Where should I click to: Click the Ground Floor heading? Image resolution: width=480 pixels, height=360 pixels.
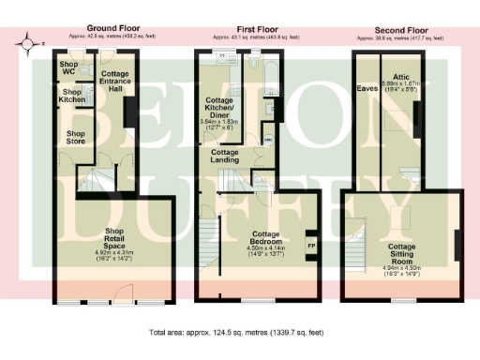click(113, 29)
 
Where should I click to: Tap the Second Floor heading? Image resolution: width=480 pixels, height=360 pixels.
click(399, 29)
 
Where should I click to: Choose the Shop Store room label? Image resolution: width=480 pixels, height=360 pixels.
click(75, 137)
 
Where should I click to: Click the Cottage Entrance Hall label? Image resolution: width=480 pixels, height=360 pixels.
click(113, 81)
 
